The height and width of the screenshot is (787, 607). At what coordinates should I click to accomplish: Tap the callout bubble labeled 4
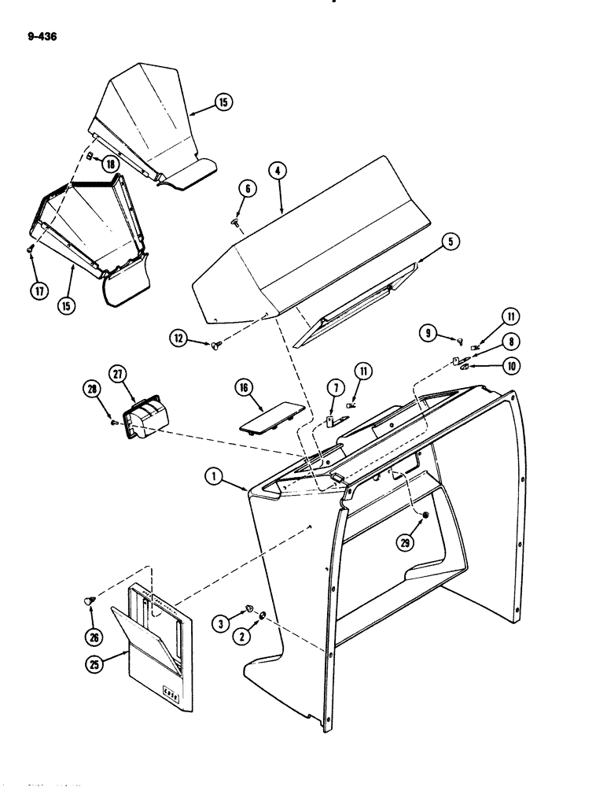274,170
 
